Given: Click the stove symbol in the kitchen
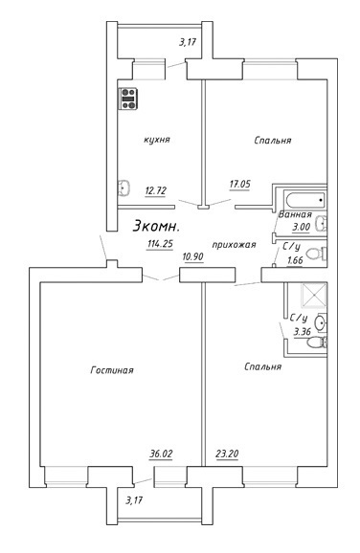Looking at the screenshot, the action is click(127, 99).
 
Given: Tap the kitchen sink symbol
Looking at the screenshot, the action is click(124, 187).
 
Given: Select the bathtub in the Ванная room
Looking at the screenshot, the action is click(306, 200).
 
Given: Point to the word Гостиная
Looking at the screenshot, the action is click(112, 370).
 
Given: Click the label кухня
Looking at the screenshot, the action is click(157, 140).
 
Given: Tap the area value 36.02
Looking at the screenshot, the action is click(161, 453).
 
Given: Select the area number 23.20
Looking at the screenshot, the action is click(227, 453).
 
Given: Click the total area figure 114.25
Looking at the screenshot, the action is click(160, 244).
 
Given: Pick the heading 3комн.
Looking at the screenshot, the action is click(156, 227).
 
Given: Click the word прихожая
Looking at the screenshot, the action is click(234, 244).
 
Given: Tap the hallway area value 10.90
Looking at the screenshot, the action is click(192, 256).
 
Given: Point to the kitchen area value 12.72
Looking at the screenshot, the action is click(155, 190).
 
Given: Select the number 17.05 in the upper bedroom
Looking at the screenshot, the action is click(240, 184).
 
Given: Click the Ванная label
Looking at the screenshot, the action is click(295, 214).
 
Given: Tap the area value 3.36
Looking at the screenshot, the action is click(303, 332).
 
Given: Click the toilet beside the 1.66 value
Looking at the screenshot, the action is click(316, 254).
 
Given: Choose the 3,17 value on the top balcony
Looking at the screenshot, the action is click(187, 42).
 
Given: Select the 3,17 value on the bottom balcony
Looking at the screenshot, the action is click(134, 499).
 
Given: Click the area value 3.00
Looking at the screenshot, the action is click(301, 227).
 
